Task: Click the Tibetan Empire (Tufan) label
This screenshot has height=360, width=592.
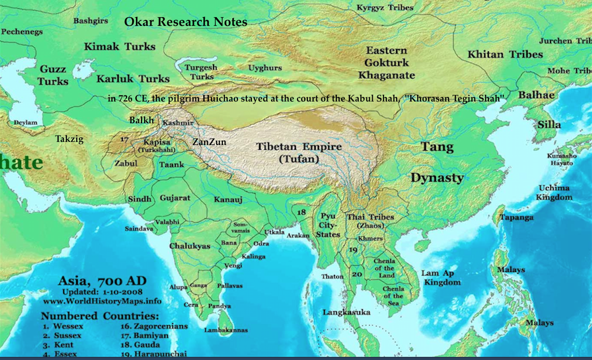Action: (x=299, y=153)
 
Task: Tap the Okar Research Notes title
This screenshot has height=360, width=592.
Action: (x=186, y=22)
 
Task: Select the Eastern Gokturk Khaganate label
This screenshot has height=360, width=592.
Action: (x=386, y=63)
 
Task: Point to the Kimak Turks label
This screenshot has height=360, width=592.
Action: (x=120, y=47)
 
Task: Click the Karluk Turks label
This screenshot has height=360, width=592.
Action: (x=133, y=79)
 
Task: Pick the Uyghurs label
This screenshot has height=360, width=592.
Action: (x=265, y=68)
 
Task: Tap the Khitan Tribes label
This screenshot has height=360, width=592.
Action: (x=505, y=54)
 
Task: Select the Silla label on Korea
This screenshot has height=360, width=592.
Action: (x=549, y=125)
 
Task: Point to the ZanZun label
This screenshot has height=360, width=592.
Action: (x=209, y=141)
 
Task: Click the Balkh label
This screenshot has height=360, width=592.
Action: (x=142, y=120)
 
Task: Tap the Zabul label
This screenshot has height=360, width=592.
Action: (x=126, y=163)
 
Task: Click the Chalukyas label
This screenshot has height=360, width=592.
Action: (x=190, y=246)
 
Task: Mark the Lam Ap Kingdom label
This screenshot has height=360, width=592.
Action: (x=441, y=278)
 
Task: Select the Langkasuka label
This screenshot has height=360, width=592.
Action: (x=346, y=312)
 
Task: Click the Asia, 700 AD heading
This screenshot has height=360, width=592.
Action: (x=102, y=281)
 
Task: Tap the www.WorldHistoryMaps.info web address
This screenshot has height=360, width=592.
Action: (x=102, y=301)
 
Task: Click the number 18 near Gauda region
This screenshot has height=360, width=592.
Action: (x=302, y=212)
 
